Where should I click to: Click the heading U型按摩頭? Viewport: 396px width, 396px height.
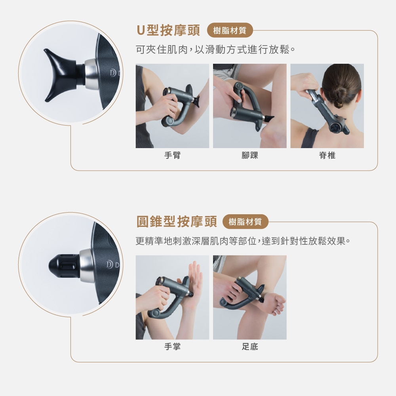point(168,30)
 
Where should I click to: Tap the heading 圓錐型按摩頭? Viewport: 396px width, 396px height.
point(177,221)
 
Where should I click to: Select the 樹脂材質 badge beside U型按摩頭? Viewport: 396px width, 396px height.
point(230,30)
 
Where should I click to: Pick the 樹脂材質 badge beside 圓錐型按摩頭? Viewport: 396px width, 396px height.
point(245,222)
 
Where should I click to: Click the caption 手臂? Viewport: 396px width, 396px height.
point(173,155)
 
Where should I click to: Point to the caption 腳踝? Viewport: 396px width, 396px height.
point(250,155)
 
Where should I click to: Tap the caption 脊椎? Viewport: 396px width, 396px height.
point(327,155)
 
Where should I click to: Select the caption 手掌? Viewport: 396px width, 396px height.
point(173,346)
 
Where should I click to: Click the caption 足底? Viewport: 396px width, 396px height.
point(250,346)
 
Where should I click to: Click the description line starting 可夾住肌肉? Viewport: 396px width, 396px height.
point(215,49)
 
